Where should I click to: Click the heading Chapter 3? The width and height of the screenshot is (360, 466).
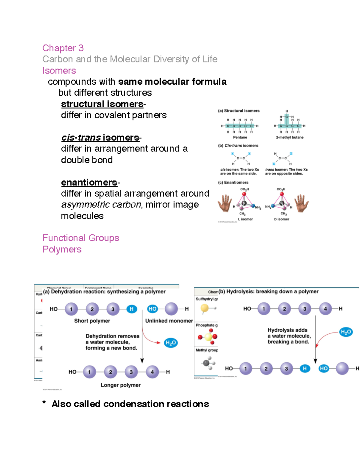[x=63, y=48]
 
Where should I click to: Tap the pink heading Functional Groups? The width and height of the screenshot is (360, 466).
[x=81, y=238]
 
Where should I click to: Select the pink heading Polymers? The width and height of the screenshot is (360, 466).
[x=62, y=249]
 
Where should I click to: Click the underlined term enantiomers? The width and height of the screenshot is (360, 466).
[x=89, y=182]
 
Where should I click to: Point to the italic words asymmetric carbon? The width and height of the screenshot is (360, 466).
[x=101, y=205]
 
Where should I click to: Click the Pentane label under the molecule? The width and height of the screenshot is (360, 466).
[x=240, y=137]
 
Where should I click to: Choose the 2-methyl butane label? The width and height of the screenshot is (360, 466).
[x=289, y=137]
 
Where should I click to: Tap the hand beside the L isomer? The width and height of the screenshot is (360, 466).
[x=225, y=203]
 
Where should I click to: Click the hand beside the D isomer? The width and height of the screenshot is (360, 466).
[x=301, y=203]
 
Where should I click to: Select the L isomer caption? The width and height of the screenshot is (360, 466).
[x=245, y=219]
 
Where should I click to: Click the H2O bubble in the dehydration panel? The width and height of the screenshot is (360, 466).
[x=171, y=343]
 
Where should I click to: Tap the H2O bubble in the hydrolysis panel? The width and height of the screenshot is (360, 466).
[x=346, y=332]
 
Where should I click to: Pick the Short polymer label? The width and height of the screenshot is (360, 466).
[x=92, y=321]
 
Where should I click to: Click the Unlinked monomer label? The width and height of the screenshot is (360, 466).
[x=169, y=321]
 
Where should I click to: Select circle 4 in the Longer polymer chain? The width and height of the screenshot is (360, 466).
[x=152, y=372]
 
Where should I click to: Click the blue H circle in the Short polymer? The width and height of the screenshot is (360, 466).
[x=131, y=309]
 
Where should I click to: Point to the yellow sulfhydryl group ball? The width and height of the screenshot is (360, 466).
[x=205, y=308]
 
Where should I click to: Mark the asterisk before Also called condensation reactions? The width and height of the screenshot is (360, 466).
[x=44, y=403]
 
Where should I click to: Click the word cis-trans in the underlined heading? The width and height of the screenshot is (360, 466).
[x=81, y=138]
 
